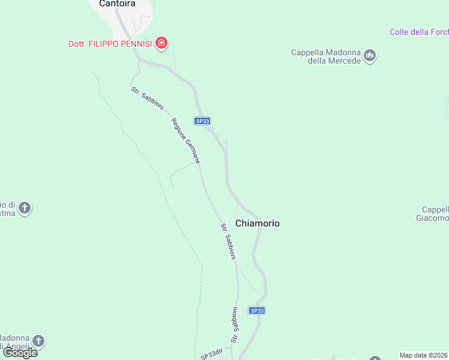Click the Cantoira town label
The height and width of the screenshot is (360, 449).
pos(117,4)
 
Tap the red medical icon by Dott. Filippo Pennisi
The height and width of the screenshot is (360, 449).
pos(161,43)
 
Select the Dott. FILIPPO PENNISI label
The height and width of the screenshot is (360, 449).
pos(110,43)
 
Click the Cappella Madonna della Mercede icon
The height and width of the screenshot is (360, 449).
pos(370,56)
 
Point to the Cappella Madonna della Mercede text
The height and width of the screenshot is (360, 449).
pos(326,56)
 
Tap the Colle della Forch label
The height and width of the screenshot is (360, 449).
pos(418,32)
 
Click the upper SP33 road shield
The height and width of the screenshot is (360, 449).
pos(202,121)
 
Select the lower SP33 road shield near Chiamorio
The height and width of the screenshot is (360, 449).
pos(257,310)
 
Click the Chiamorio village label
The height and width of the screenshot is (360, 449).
pos(258,223)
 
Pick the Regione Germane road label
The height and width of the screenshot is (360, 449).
pos(185,141)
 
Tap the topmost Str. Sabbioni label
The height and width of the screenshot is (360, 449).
pos(148,98)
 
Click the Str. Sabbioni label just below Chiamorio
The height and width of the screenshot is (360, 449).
pos(228,241)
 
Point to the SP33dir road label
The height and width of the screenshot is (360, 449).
pos(212,355)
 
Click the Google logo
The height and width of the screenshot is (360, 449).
pos(20,353)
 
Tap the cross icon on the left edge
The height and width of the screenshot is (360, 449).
pos(25,208)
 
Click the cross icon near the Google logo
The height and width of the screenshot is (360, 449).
pos(38,341)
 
